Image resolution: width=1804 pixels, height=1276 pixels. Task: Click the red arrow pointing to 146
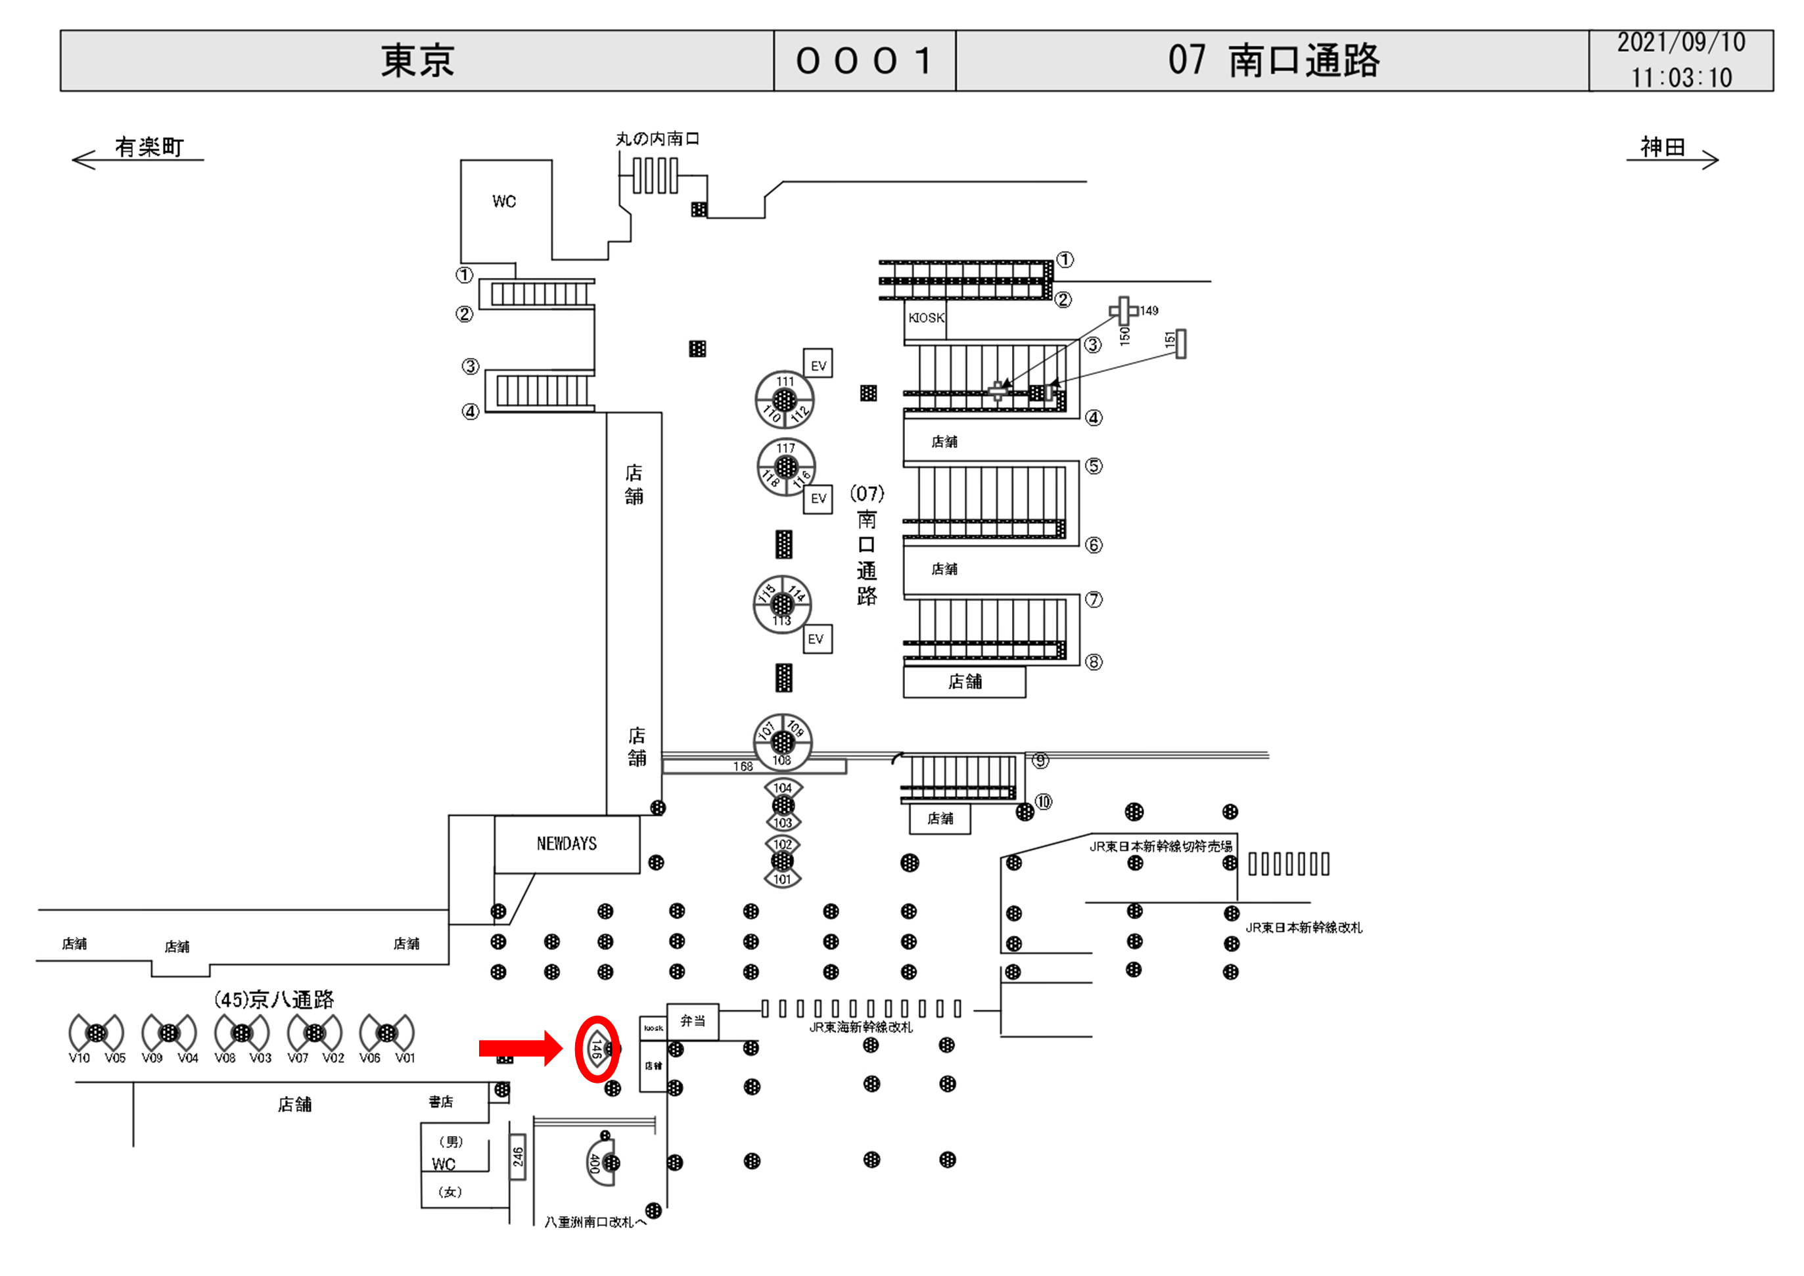click(x=519, y=1048)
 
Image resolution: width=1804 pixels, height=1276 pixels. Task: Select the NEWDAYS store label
click(x=567, y=844)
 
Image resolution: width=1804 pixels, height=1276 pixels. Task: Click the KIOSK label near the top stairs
click(x=925, y=318)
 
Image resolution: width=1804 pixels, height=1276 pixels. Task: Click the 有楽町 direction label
click(x=149, y=147)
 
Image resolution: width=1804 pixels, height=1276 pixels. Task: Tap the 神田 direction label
click(x=1662, y=147)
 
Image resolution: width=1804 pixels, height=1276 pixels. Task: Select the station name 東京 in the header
click(x=417, y=61)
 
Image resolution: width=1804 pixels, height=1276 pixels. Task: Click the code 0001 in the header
click(x=864, y=61)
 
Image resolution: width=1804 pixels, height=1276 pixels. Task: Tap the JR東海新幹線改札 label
click(x=860, y=1028)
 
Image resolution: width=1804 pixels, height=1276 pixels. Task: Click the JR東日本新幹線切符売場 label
click(x=1160, y=847)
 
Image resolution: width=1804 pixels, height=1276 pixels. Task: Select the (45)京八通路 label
click(x=274, y=999)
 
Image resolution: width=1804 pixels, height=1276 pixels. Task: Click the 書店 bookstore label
click(x=441, y=1103)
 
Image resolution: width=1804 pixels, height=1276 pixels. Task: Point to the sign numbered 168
click(x=743, y=767)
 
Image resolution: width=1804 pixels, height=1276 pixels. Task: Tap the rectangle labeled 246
click(x=517, y=1157)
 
